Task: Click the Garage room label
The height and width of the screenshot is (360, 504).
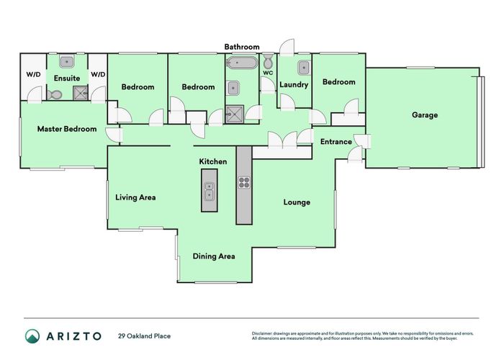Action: pos(425,114)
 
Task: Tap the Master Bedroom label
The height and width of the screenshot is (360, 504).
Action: pos(67,129)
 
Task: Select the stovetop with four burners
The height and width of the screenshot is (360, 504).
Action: pos(244,183)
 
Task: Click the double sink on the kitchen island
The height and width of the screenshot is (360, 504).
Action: pos(210,191)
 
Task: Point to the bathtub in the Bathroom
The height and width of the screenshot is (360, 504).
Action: pos(242,63)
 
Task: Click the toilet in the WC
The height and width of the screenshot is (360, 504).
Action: pos(268,60)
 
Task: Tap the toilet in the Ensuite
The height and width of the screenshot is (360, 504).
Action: pos(55,94)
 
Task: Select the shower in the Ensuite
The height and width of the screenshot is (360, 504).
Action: pos(81,94)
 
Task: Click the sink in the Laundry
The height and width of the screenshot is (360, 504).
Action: pos(303,68)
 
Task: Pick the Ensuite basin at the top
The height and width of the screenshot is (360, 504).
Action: pos(67,61)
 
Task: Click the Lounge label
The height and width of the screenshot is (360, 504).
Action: pos(297,202)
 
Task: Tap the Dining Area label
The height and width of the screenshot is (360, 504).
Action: pos(214,256)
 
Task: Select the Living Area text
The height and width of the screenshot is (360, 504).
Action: pos(135,197)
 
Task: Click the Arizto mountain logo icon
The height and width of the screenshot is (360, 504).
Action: pos(32,336)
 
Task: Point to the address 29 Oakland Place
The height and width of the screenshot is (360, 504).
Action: pos(144,336)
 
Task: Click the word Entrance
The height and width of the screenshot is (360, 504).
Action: pos(336,142)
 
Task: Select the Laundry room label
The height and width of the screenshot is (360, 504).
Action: pos(294,84)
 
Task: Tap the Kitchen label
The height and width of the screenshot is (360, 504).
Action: pos(213,161)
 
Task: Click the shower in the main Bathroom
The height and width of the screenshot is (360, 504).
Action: pos(235,114)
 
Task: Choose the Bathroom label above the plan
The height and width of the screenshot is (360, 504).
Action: pos(242,47)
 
